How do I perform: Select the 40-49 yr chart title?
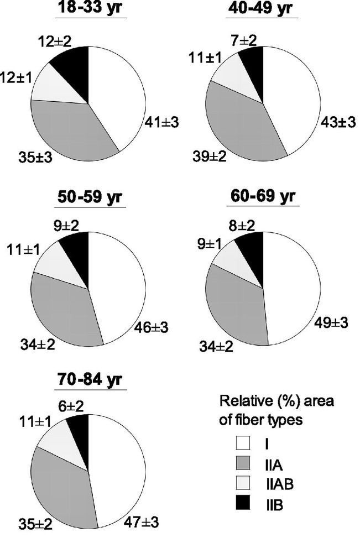pyautogui.click(x=262, y=10)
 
